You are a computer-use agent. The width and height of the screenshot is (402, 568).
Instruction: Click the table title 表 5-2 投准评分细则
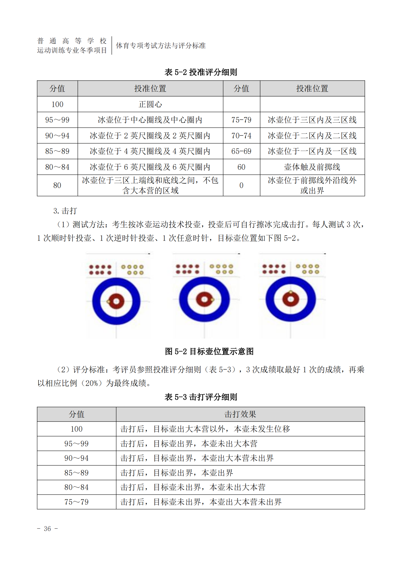point(201,72)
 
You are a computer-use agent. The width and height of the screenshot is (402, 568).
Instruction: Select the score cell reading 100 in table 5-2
point(57,104)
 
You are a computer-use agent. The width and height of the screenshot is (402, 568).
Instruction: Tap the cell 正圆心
point(150,104)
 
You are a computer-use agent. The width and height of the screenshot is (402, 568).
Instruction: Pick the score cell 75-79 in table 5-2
point(241,120)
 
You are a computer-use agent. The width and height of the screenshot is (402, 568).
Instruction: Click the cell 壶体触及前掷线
point(312,167)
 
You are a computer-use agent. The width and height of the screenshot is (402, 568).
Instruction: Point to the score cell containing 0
point(241,185)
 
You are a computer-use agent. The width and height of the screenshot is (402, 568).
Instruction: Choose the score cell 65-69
point(241,151)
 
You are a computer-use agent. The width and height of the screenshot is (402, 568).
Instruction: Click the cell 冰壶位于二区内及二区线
point(312,136)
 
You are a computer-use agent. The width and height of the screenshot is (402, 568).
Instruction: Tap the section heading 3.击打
point(65,211)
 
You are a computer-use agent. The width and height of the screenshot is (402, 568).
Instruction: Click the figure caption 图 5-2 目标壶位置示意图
point(209,351)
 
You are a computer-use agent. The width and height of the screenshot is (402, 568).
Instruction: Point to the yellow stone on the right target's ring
point(290,292)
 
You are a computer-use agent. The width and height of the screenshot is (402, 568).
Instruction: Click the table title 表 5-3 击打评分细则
point(201,397)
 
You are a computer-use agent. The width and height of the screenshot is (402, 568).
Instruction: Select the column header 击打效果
point(240,414)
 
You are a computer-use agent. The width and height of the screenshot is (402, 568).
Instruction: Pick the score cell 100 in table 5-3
point(76,429)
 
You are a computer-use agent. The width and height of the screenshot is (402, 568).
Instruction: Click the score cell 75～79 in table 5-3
point(76,502)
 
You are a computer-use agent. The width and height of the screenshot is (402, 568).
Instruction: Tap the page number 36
point(47,529)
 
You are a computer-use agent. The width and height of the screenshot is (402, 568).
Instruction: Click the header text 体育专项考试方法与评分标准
point(161,46)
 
